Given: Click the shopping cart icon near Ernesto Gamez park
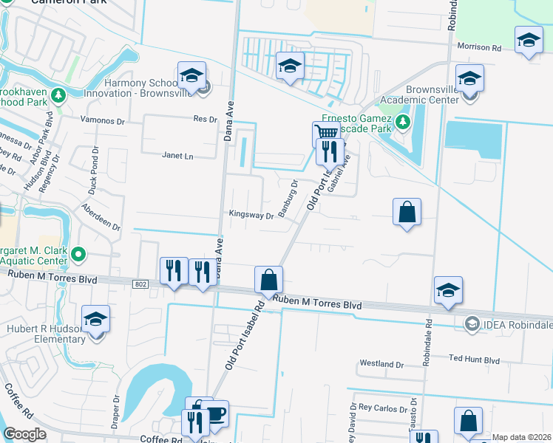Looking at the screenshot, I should coord(326,133).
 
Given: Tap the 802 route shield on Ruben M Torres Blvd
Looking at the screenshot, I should coord(141,283).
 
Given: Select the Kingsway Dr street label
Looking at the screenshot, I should coord(252,216).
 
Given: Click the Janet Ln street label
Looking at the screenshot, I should coord(177,156).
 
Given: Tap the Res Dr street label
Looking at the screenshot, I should coord(205,119).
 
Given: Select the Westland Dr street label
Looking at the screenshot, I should coord(381,364).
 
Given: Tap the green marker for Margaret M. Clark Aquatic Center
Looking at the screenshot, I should coord(77,255).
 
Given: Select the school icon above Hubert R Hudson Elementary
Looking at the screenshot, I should coord(96,318).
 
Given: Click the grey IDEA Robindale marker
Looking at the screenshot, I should coord(470,323).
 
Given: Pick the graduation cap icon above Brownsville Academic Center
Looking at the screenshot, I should coord(469,78).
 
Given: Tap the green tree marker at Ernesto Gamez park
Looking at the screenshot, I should coord(402,121).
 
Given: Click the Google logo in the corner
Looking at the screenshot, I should coord(24,434).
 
